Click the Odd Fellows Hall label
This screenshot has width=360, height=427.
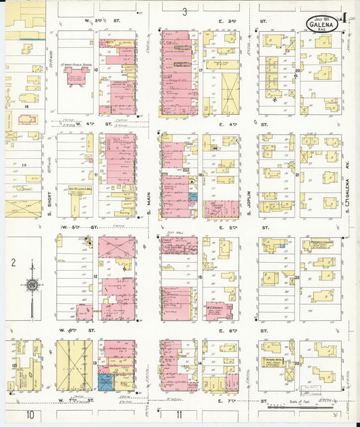pos(79,190)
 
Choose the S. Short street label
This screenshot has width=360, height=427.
pos(49,199)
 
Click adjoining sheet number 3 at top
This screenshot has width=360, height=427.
pos(184,11)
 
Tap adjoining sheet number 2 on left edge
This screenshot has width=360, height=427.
pos(13,262)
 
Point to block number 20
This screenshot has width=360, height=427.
pos(297,69)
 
